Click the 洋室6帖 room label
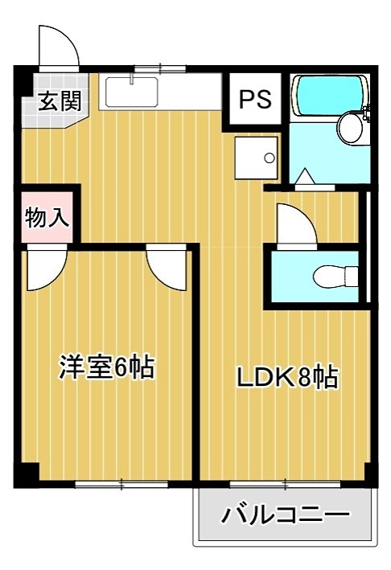click(106, 367)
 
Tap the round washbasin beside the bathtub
click(351, 127)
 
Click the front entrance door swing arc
click(59, 47)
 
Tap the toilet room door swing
click(296, 223)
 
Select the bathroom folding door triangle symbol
click(306, 177)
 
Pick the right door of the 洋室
click(167, 269)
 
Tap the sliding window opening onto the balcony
click(286, 484)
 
